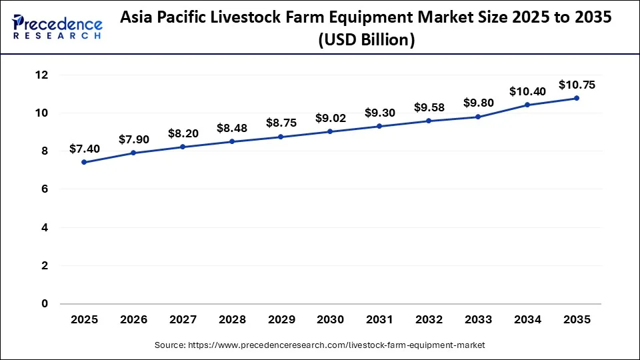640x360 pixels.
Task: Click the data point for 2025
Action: pos(84,162)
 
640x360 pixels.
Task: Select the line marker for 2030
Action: pos(330,131)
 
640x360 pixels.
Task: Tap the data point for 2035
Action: pos(577,98)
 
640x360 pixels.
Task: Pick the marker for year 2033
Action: pos(478,117)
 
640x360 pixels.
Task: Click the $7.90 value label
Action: pos(133,139)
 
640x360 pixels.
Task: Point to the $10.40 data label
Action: pos(527,91)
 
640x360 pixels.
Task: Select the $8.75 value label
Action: pos(281,123)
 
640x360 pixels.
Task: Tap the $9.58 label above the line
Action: pos(429,107)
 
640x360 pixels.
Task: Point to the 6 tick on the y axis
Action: pos(45,189)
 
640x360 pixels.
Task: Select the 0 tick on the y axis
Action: pos(45,304)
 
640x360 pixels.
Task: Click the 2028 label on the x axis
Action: pos(232,320)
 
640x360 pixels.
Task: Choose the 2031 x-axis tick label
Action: pos(379,320)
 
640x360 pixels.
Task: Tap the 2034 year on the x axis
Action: pos(527,320)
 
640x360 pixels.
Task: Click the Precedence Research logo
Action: pos(57,27)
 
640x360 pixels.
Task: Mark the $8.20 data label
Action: pos(183,133)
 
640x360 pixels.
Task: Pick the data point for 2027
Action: pos(183,147)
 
